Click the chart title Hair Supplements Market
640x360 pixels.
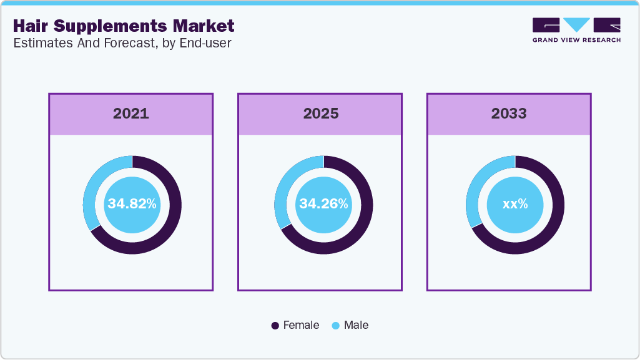coord(124,26)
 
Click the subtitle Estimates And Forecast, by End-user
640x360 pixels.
coord(122,44)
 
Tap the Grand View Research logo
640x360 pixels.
coord(576,30)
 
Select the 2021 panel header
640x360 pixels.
coord(131,114)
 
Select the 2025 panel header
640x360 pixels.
coord(320,114)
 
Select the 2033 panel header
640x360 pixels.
coord(509,114)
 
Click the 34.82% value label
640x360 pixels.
coord(132,204)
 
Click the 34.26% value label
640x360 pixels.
coord(323,204)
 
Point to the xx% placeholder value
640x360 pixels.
coord(515,204)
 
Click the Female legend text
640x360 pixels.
coord(301,325)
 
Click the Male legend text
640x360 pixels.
coord(356,325)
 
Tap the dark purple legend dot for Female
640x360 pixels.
coord(275,326)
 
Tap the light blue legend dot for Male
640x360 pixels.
coord(335,326)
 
